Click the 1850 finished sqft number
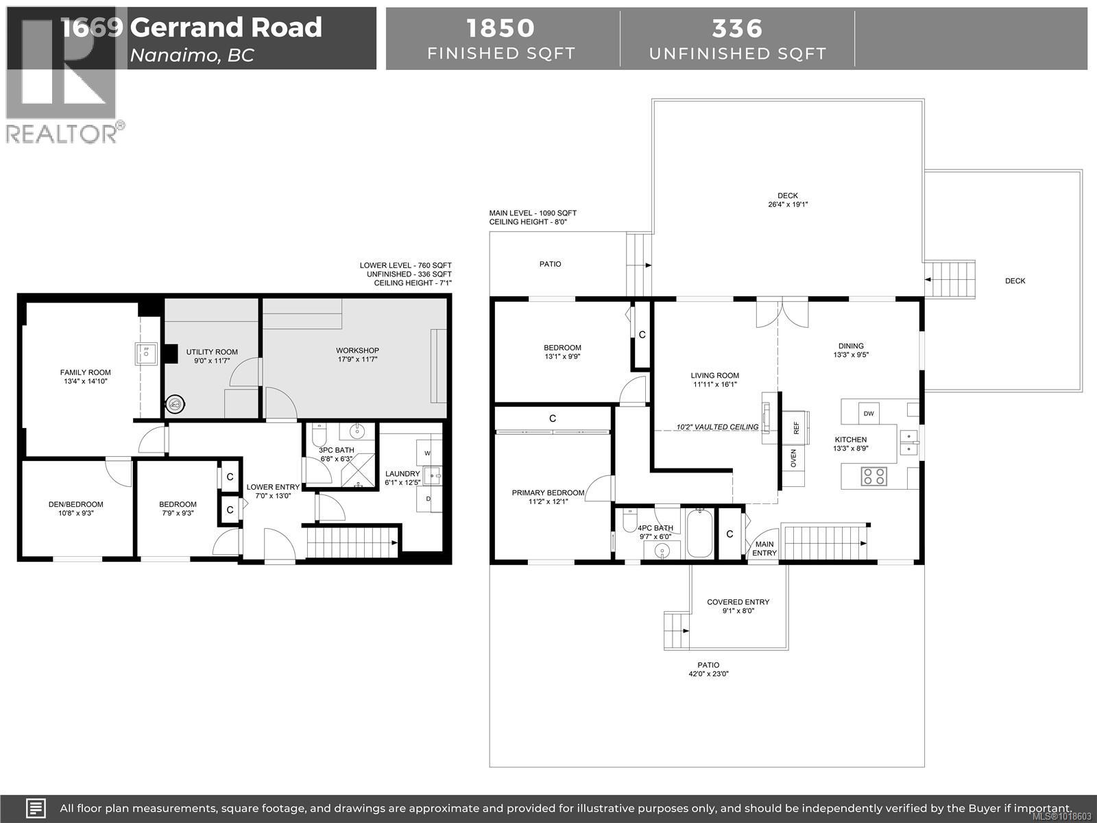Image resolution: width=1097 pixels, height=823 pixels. (501, 28)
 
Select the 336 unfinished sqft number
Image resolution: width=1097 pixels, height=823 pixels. (737, 28)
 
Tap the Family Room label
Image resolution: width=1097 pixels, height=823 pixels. (85, 372)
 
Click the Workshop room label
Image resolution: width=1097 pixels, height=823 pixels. (357, 350)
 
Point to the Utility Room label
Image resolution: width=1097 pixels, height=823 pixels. (212, 352)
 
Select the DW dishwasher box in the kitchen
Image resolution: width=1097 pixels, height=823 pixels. (869, 414)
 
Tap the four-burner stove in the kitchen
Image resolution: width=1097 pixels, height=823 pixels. (873, 476)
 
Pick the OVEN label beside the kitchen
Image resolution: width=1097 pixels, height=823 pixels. (794, 458)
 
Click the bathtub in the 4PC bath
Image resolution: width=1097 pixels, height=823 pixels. (699, 533)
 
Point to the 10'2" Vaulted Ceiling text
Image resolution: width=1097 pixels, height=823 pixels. (717, 427)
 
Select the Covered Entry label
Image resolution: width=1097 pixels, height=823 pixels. (738, 602)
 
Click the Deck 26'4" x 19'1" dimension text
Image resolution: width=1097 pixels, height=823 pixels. (788, 204)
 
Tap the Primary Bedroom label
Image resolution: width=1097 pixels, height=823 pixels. (548, 492)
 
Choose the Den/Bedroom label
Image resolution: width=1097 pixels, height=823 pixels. (76, 504)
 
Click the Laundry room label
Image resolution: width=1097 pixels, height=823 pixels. (402, 474)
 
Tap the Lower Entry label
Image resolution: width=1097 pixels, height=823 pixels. (273, 487)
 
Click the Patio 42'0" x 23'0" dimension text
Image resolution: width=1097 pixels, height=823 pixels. (708, 673)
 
